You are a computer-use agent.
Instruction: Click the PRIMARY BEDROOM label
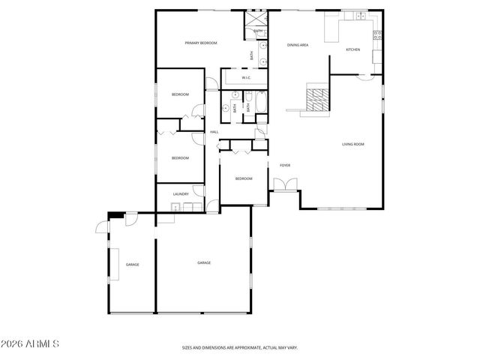(201, 43)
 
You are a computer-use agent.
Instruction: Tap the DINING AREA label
(298, 45)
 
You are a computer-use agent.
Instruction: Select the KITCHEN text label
(352, 49)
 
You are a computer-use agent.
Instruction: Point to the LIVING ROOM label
(352, 144)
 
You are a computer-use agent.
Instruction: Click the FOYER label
(285, 165)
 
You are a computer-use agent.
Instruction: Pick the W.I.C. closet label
(245, 78)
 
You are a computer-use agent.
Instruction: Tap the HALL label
(214, 132)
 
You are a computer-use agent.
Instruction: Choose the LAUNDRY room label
(180, 194)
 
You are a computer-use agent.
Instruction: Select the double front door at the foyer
(285, 184)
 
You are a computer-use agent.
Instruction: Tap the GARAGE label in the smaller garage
(132, 265)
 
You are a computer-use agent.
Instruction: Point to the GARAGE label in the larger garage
(203, 262)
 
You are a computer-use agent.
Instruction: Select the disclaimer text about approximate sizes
(240, 348)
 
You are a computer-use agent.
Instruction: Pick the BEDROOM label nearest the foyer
(243, 178)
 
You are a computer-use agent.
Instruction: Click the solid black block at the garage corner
(115, 215)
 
